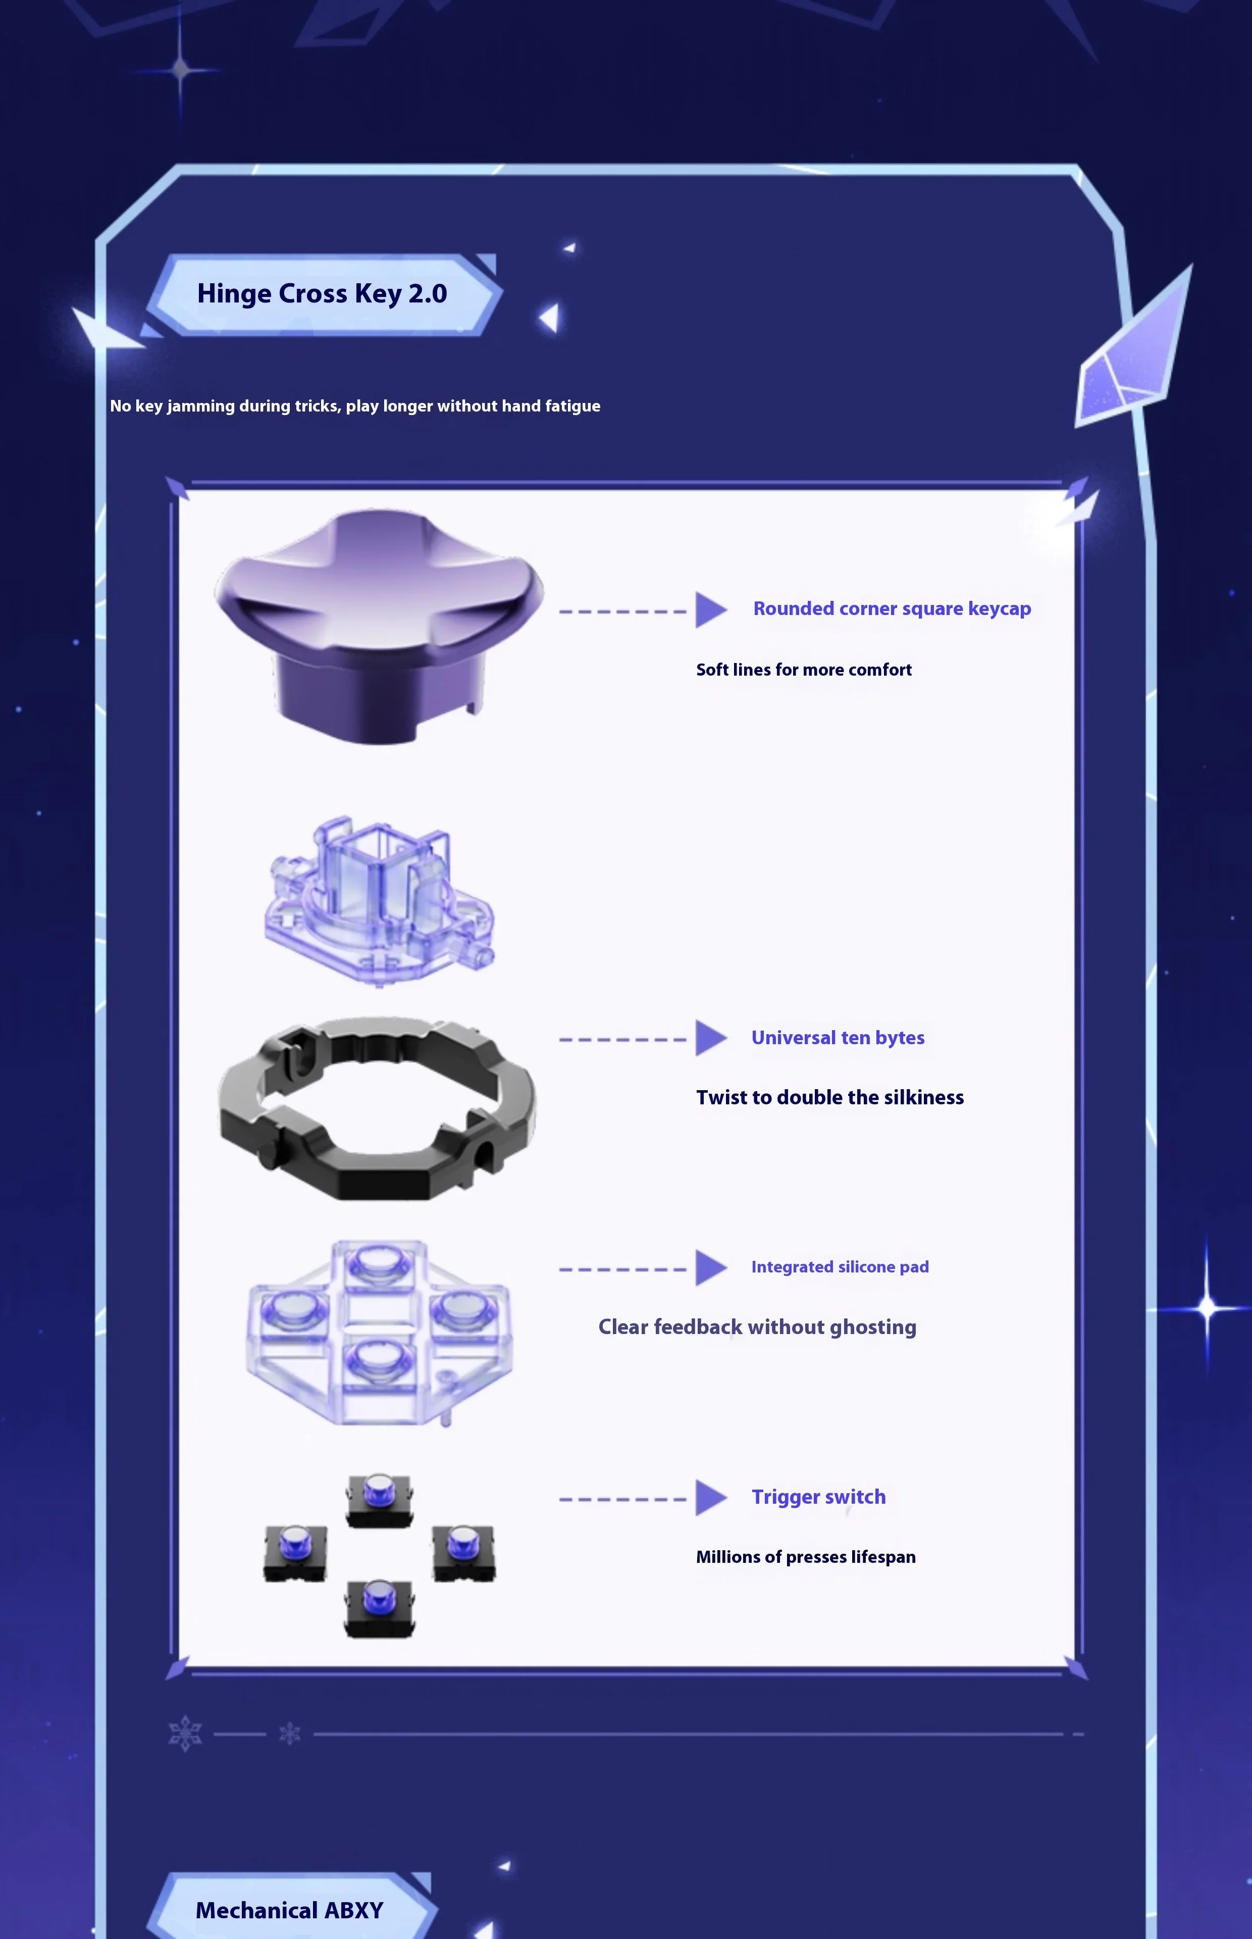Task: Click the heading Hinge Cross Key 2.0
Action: tap(322, 293)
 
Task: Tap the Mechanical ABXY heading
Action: tap(289, 1910)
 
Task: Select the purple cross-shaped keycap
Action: tap(378, 618)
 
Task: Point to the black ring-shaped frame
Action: tap(378, 1107)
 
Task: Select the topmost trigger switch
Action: tap(379, 1500)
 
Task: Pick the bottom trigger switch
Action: tap(379, 1608)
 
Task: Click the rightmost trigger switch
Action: tap(463, 1552)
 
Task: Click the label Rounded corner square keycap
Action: tap(892, 609)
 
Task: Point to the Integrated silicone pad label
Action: tap(840, 1266)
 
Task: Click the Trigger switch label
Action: tap(819, 1497)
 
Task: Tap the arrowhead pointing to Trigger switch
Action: tap(710, 1498)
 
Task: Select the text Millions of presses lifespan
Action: tap(806, 1557)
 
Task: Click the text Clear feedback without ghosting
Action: tap(757, 1327)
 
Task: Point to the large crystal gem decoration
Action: tap(1132, 358)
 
